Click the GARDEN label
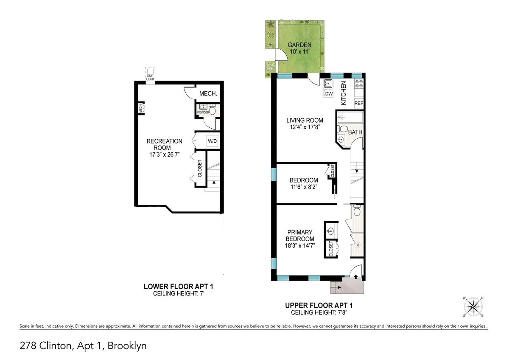click(299, 45)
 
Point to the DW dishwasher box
click(329, 93)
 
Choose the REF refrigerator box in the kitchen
click(359, 103)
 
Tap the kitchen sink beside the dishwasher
click(329, 83)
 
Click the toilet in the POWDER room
click(213, 111)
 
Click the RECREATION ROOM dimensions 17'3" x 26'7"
click(165, 155)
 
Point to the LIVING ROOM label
click(305, 121)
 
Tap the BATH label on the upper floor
click(355, 132)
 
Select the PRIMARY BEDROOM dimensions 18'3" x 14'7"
click(300, 245)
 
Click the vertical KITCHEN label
click(344, 93)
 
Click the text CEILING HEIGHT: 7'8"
click(319, 312)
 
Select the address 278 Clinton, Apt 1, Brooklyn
click(83, 346)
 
